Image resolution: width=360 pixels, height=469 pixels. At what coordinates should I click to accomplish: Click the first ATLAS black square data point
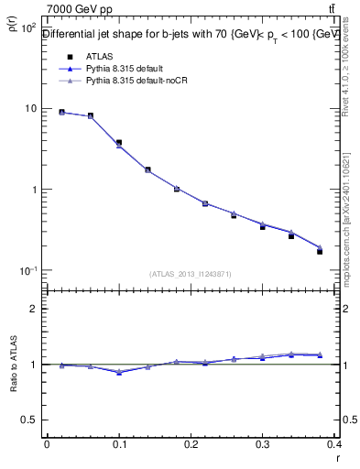61,113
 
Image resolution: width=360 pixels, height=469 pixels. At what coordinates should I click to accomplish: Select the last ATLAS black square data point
320,251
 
